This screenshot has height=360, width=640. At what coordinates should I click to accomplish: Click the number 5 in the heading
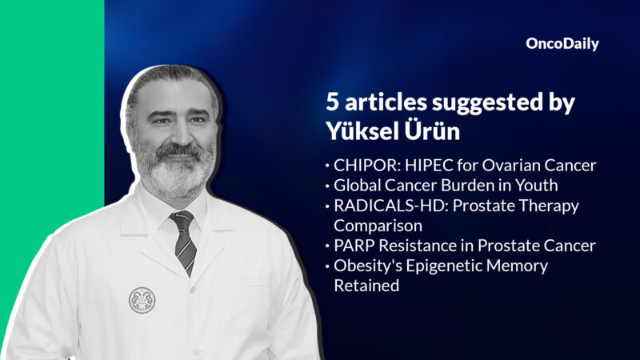click(x=332, y=102)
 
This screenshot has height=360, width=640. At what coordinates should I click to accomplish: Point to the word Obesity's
click(x=366, y=265)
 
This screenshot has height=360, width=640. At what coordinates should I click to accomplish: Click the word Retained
click(x=366, y=285)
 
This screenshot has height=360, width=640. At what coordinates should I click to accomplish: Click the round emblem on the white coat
click(x=142, y=299)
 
